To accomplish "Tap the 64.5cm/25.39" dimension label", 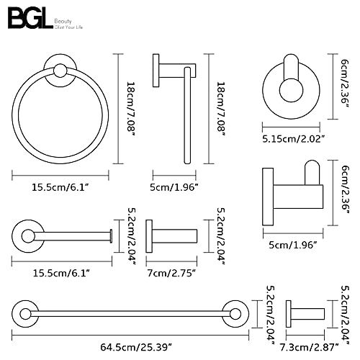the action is tap(136, 347).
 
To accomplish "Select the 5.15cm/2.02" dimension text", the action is tap(294, 139).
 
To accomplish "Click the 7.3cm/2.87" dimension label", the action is tap(310, 347).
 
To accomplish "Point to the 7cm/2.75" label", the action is tap(172, 273).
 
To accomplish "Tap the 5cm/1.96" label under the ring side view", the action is tap(174, 187).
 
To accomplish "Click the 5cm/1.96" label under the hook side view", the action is tap(293, 245).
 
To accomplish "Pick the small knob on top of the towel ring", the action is tap(60, 71).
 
